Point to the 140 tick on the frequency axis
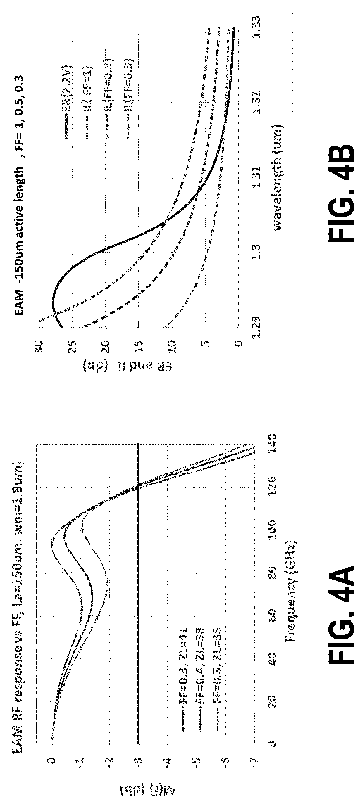271,444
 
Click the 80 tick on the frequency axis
271,573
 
